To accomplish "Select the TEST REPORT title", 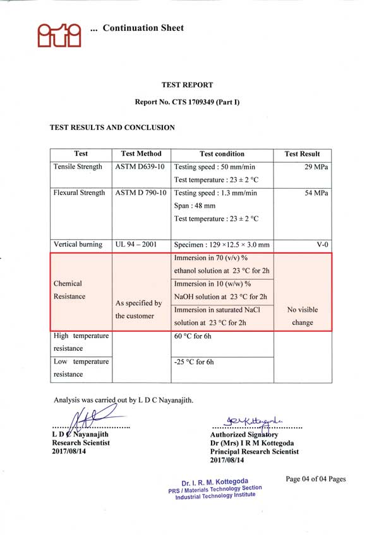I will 188,85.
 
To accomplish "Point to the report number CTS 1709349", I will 188,102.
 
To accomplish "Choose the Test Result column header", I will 302,153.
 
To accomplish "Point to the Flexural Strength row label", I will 80,192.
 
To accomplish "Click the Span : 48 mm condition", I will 195,206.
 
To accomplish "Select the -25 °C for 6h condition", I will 194,362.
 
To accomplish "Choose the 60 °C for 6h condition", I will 193,336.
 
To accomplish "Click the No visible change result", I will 303,316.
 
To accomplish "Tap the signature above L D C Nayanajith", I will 88,419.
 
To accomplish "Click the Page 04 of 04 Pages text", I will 316,479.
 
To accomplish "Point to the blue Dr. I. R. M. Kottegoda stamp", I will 214,488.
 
